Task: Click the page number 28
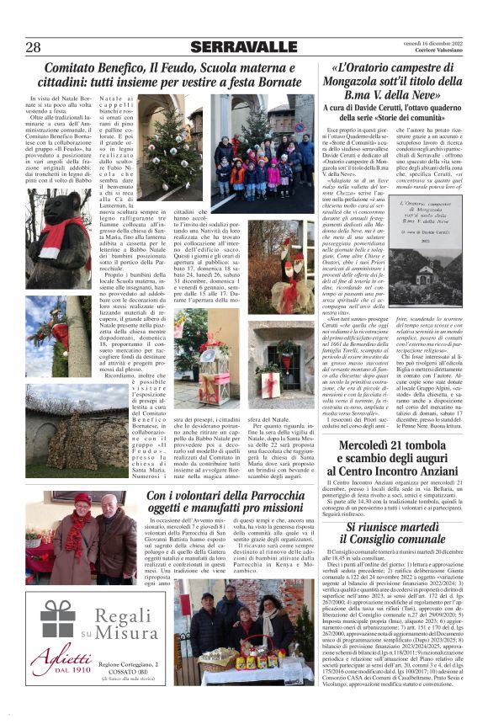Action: click(33, 46)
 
